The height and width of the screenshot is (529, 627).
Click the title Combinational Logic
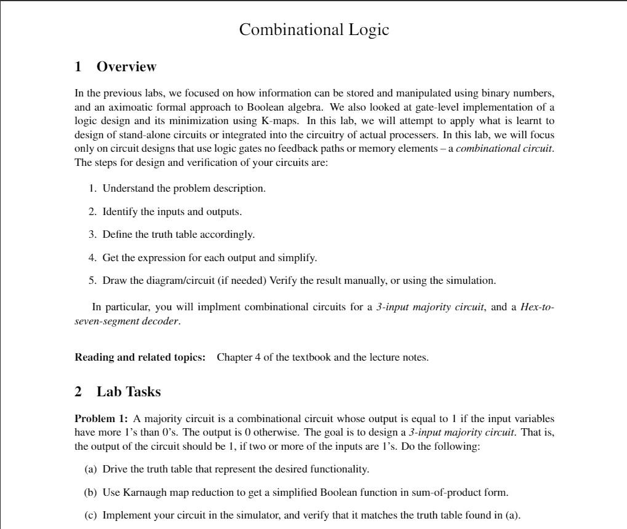(x=314, y=29)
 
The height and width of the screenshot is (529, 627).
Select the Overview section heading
(x=126, y=66)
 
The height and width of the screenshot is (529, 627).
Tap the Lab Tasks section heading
(x=129, y=391)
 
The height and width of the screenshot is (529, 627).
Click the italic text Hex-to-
(x=537, y=307)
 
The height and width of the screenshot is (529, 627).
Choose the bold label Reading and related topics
(x=140, y=357)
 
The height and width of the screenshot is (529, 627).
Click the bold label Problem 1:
(x=101, y=418)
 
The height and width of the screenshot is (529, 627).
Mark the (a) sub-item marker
(x=90, y=469)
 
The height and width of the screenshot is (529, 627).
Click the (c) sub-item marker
(x=90, y=515)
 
